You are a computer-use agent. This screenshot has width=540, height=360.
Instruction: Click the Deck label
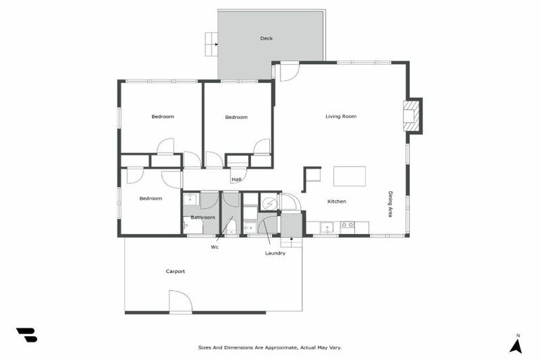pos(266,39)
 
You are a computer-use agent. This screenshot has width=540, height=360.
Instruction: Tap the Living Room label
pos(341,116)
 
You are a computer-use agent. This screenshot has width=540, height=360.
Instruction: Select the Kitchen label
pos(337,202)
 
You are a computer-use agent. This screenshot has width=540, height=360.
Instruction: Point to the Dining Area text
pos(391,202)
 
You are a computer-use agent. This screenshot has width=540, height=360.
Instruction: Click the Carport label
pos(175,271)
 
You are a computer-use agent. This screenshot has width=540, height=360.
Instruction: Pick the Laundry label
pos(275,253)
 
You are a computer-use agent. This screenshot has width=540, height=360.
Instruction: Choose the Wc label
pos(214,247)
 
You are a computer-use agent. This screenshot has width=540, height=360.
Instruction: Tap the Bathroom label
pos(202,217)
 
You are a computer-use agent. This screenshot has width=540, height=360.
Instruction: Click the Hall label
pos(237,179)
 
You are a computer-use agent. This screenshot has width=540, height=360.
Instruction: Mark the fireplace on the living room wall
pos(412,116)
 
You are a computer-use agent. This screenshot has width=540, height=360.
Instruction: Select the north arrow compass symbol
pos(516,345)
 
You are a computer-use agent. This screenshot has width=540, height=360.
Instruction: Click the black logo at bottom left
pos(27,335)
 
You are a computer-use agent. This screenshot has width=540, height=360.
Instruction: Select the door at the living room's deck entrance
pos(289,71)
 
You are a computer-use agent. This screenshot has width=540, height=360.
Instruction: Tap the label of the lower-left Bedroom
pos(150,198)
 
